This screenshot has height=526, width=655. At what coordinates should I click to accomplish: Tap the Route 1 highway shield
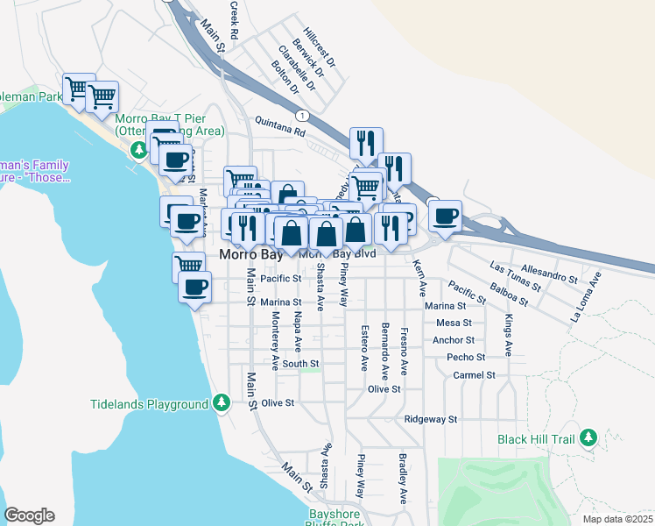302,115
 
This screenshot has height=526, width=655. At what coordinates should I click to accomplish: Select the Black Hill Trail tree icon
588,437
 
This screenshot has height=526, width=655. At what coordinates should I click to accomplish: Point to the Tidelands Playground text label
149,404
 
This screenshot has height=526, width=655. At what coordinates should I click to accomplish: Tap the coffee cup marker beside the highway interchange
445,217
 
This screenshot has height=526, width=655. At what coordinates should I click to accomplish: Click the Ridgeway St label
431,420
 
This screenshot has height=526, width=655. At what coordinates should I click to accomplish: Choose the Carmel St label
475,375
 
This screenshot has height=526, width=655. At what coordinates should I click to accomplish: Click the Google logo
29,515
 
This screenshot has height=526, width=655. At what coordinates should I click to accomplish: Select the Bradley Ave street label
403,479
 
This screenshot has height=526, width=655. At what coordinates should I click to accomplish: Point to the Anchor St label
454,340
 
